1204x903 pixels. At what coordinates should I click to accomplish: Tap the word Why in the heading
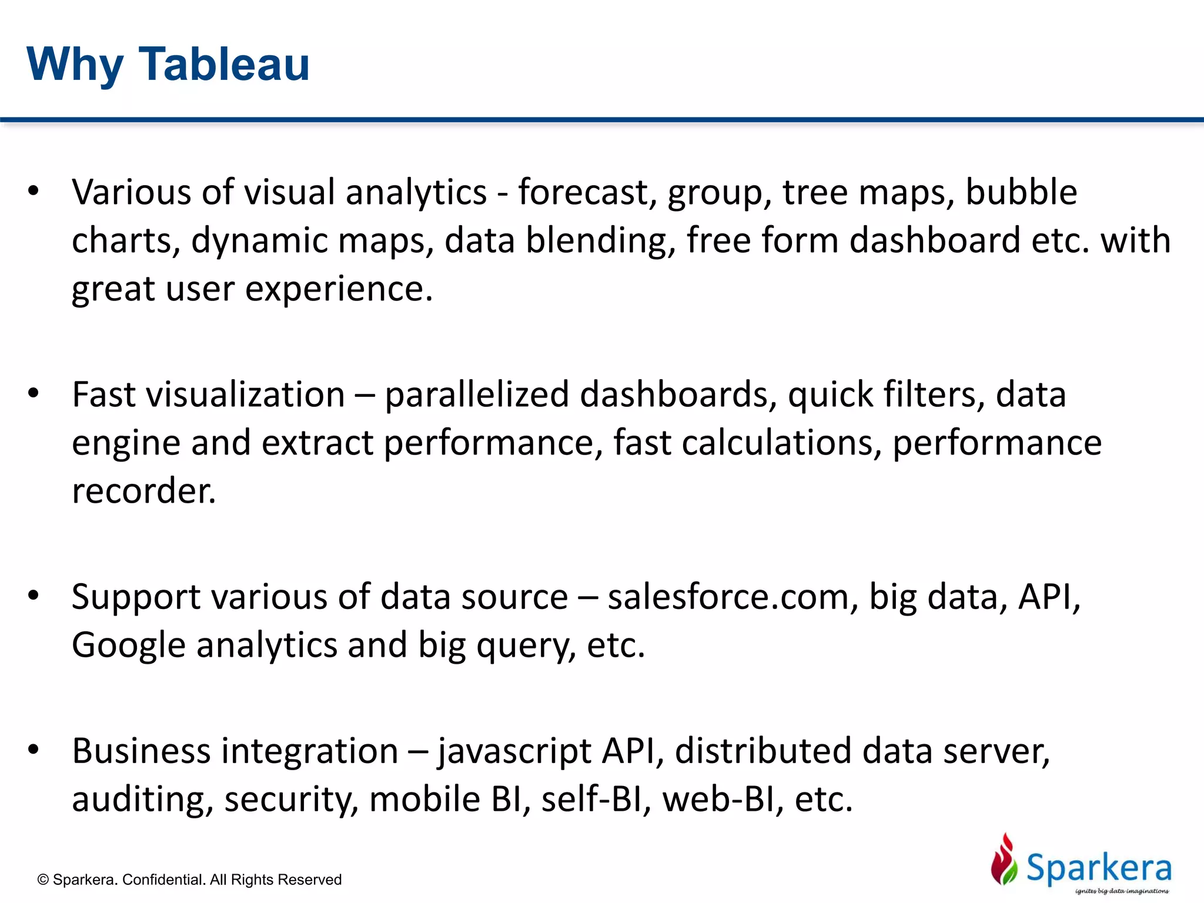[x=75, y=65]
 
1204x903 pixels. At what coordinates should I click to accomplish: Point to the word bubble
[x=1021, y=192]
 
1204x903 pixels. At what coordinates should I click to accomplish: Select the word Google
[x=129, y=645]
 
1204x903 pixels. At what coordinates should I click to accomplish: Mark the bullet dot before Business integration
[x=34, y=750]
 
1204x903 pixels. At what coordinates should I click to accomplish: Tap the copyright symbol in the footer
[x=43, y=880]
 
